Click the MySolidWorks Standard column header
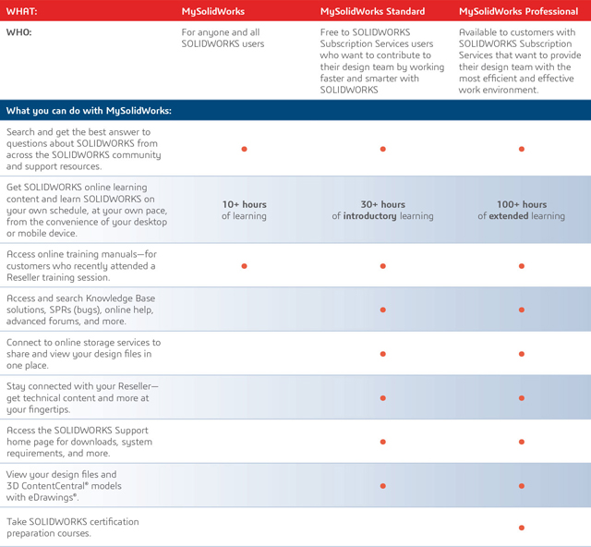coord(372,11)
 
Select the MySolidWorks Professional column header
coord(517,11)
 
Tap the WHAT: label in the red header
coord(22,11)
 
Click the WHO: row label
coord(20,32)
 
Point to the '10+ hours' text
coord(244,204)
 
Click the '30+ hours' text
coord(382,204)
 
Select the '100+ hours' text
coord(522,204)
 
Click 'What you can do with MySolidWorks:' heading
coord(89,111)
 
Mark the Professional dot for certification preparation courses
coord(522,528)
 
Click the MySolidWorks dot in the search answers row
coord(244,149)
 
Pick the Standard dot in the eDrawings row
coord(382,485)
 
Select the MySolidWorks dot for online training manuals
coord(244,266)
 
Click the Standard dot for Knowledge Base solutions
coord(382,310)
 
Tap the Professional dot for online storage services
coord(522,354)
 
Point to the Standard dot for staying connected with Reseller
coord(382,398)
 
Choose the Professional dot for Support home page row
coord(522,442)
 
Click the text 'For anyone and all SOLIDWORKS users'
coord(223,38)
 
